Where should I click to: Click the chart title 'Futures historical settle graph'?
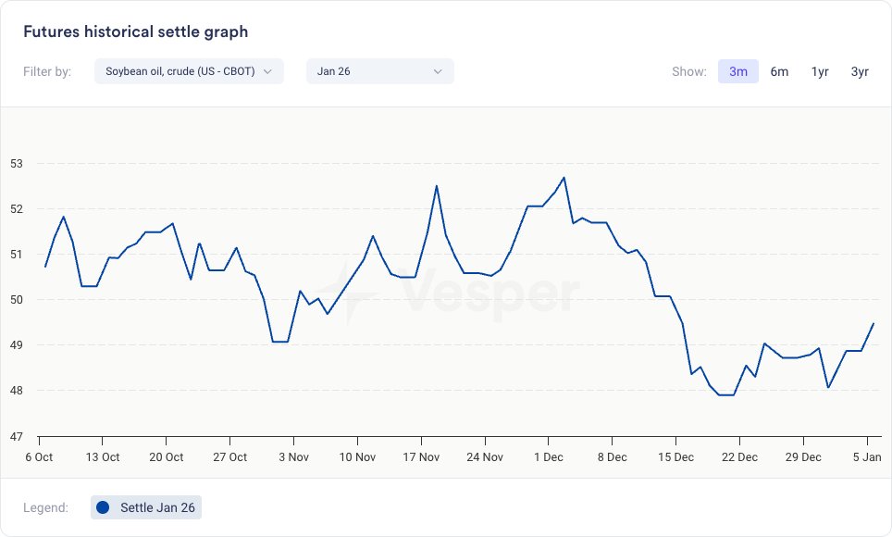pos(135,31)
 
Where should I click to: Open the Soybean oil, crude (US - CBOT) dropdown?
pos(189,71)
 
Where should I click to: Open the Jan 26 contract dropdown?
pos(379,71)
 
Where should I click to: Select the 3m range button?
pos(738,71)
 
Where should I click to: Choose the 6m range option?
pos(779,71)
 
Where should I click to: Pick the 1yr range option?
pos(820,71)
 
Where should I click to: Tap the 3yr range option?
pos(860,71)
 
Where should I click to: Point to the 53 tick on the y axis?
pos(17,164)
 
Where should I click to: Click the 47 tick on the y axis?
pos(17,436)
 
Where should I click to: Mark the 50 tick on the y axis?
pos(17,300)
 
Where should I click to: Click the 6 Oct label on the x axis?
pos(39,457)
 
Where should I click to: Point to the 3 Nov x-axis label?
pos(293,457)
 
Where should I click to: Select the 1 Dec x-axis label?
pos(548,457)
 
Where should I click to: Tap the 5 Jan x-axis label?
pos(867,457)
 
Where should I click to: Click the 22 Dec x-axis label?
pos(738,457)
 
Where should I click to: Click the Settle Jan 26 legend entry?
pos(157,507)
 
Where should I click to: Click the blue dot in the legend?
pos(103,507)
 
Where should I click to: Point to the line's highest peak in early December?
pos(564,178)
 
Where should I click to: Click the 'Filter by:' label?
pos(47,71)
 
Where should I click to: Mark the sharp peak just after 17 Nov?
pos(437,186)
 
